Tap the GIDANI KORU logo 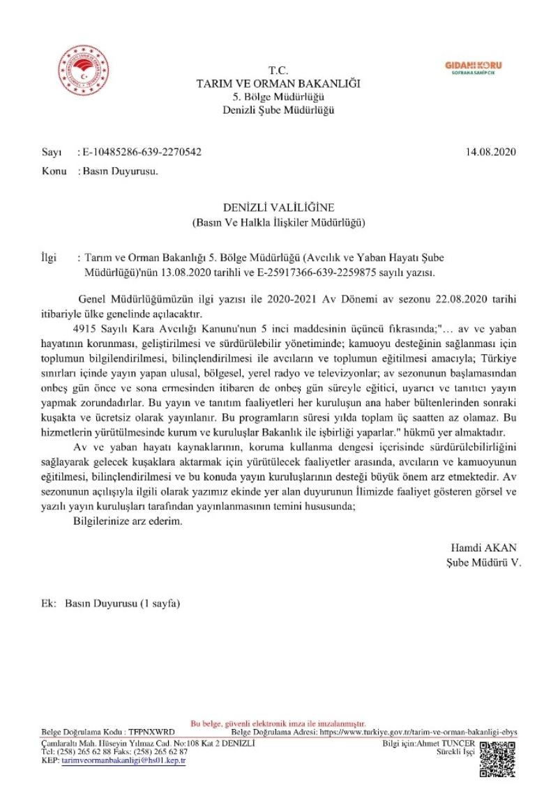coord(473,68)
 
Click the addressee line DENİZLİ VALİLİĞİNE coord(278,208)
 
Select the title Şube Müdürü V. coord(483,561)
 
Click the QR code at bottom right coord(499,758)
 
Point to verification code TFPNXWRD coord(151,733)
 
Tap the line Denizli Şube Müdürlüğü coord(278,110)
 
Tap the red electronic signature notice coord(278,724)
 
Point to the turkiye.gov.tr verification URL coord(418,733)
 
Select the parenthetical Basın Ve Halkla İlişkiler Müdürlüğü coord(278,223)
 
